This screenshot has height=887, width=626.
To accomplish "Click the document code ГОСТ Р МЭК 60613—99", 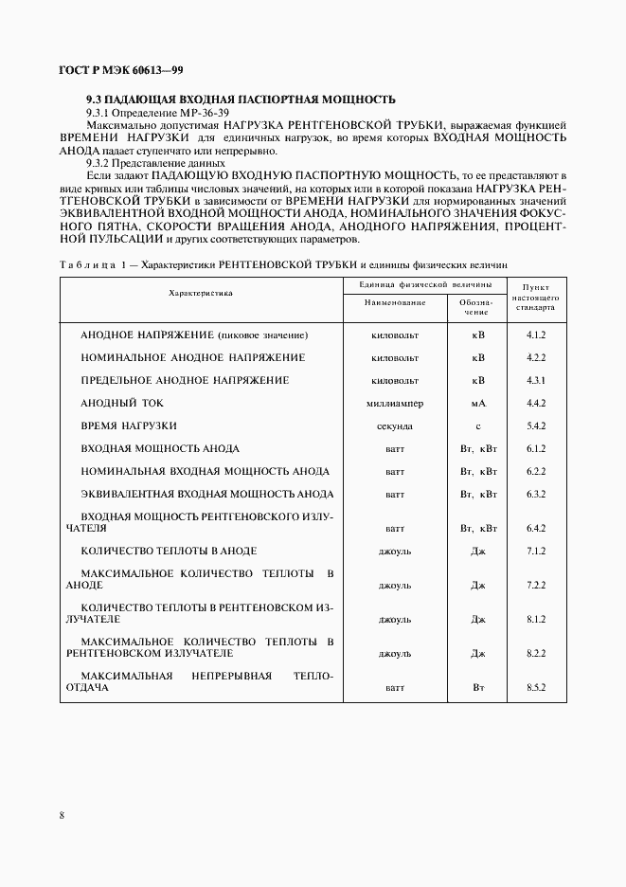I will pyautogui.click(x=101, y=70).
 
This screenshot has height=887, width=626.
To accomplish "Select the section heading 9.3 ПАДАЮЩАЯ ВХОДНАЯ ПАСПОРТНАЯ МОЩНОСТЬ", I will pyautogui.click(x=241, y=100).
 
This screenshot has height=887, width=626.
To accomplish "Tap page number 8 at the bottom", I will pyautogui.click(x=62, y=815).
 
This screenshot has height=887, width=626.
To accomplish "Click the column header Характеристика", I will pyautogui.click(x=200, y=294).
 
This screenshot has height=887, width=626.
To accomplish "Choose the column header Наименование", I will pyautogui.click(x=395, y=302).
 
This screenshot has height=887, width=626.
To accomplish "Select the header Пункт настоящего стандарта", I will pyautogui.click(x=535, y=297).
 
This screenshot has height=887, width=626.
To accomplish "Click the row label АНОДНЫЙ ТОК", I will pyautogui.click(x=116, y=403).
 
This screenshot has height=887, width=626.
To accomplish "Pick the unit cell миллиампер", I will pyautogui.click(x=395, y=404).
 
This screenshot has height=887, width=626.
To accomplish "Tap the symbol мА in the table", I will pyautogui.click(x=478, y=404).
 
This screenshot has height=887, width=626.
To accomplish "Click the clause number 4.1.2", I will pyautogui.click(x=535, y=335).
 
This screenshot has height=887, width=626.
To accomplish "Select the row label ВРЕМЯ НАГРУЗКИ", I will pyautogui.click(x=129, y=425).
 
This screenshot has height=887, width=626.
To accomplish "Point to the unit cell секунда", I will pyautogui.click(x=395, y=426).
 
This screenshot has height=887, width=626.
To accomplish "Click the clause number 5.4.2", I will pyautogui.click(x=535, y=426).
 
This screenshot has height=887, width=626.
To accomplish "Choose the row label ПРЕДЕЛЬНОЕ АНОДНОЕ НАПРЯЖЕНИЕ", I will pyautogui.click(x=185, y=380).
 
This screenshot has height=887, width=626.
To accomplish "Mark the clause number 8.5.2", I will pyautogui.click(x=535, y=686).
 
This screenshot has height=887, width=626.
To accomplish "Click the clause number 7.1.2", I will pyautogui.click(x=535, y=551).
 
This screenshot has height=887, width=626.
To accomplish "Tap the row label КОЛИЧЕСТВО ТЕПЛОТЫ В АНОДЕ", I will pyautogui.click(x=169, y=551).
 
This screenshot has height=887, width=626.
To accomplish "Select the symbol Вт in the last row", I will pyautogui.click(x=478, y=686).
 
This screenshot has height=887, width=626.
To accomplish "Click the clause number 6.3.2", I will pyautogui.click(x=535, y=495).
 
